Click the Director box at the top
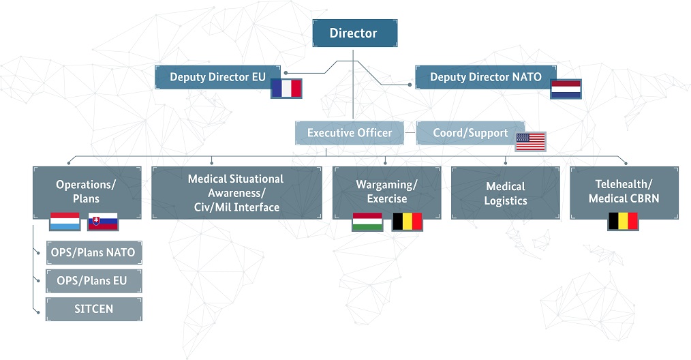coord(354,33)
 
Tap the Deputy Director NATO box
coord(485,77)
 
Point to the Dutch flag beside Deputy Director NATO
coord(566,89)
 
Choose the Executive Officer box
coord(350,133)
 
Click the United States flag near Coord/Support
coord(531,142)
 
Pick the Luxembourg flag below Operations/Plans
coord(65,222)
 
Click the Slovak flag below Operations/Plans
coord(103,222)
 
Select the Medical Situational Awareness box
coord(236,192)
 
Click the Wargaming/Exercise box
coord(386,191)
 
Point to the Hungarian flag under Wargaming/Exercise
coord(367,222)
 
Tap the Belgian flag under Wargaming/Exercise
coord(407,222)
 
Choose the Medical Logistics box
coord(505,193)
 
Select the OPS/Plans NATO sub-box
coord(93,253)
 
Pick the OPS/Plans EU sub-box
coord(93,281)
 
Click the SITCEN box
coord(93,309)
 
